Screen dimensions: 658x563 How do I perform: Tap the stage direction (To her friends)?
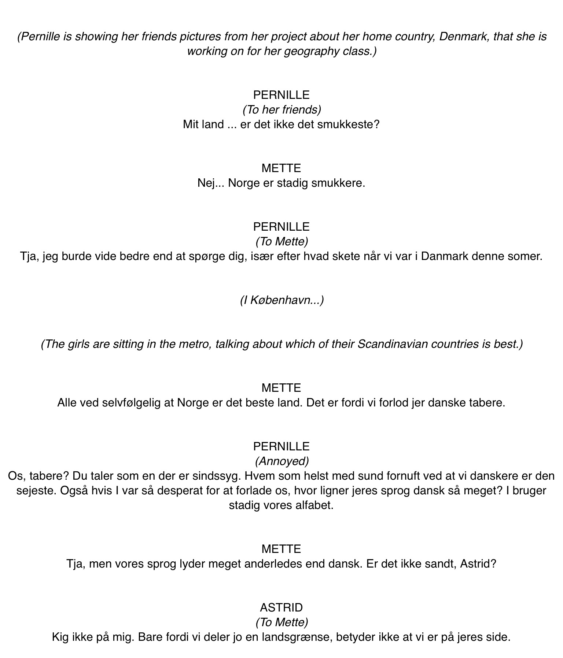281,109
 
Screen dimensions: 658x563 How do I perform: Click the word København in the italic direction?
281,300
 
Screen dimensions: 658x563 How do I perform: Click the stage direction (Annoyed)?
281,461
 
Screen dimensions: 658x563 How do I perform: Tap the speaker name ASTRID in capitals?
281,607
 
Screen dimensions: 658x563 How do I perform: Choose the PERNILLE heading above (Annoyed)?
281,446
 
